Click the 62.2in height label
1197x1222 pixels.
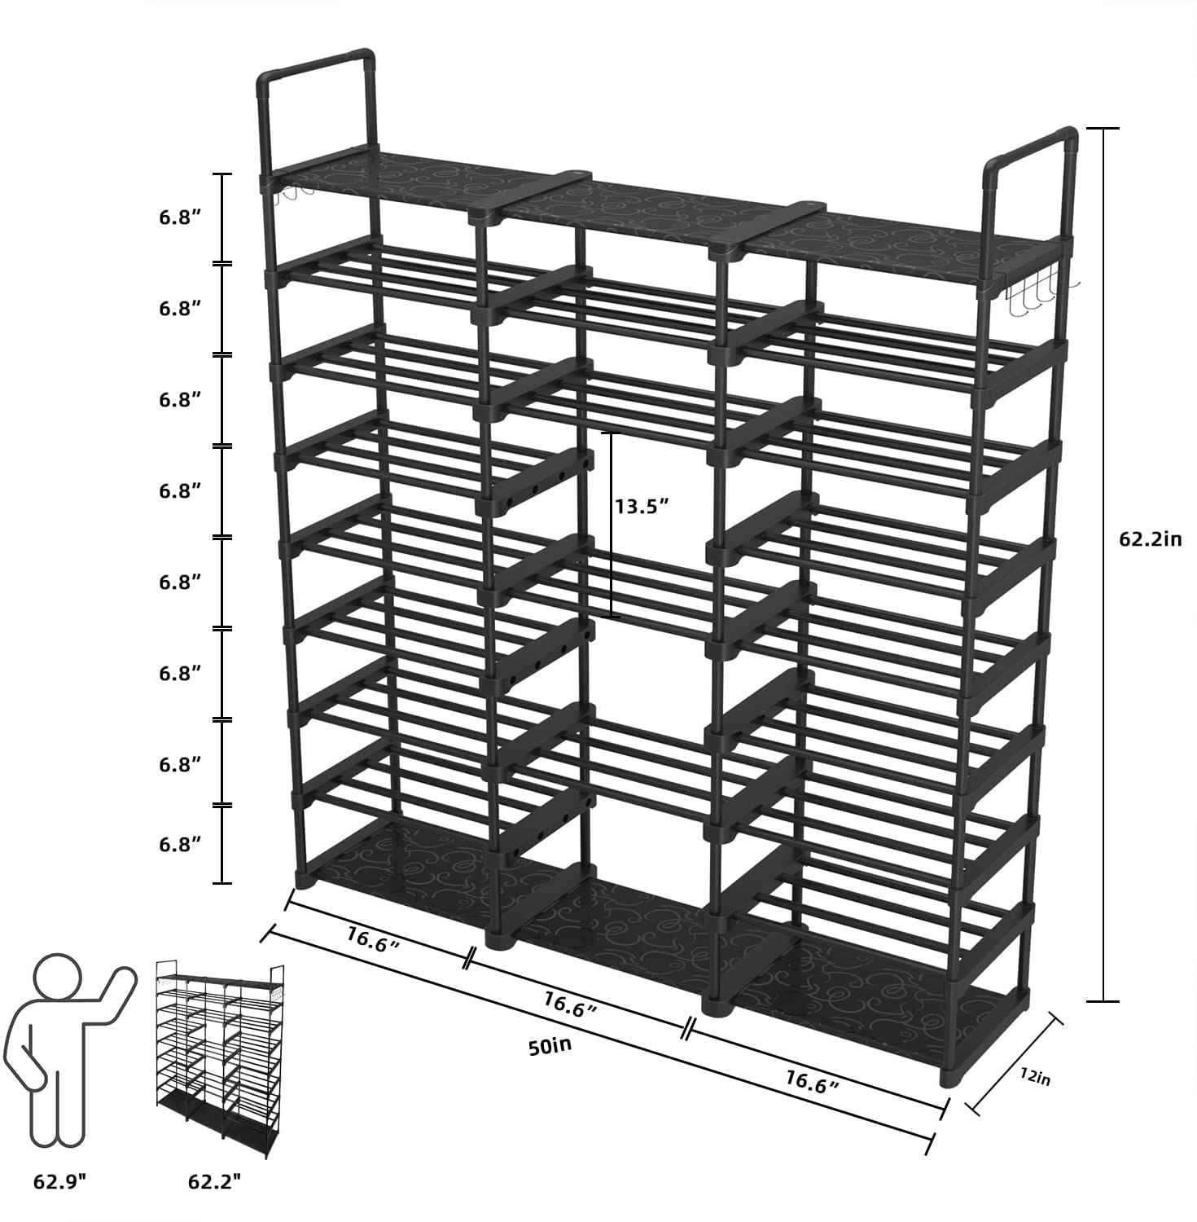tap(1149, 538)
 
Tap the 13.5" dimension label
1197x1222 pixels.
tap(641, 506)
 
